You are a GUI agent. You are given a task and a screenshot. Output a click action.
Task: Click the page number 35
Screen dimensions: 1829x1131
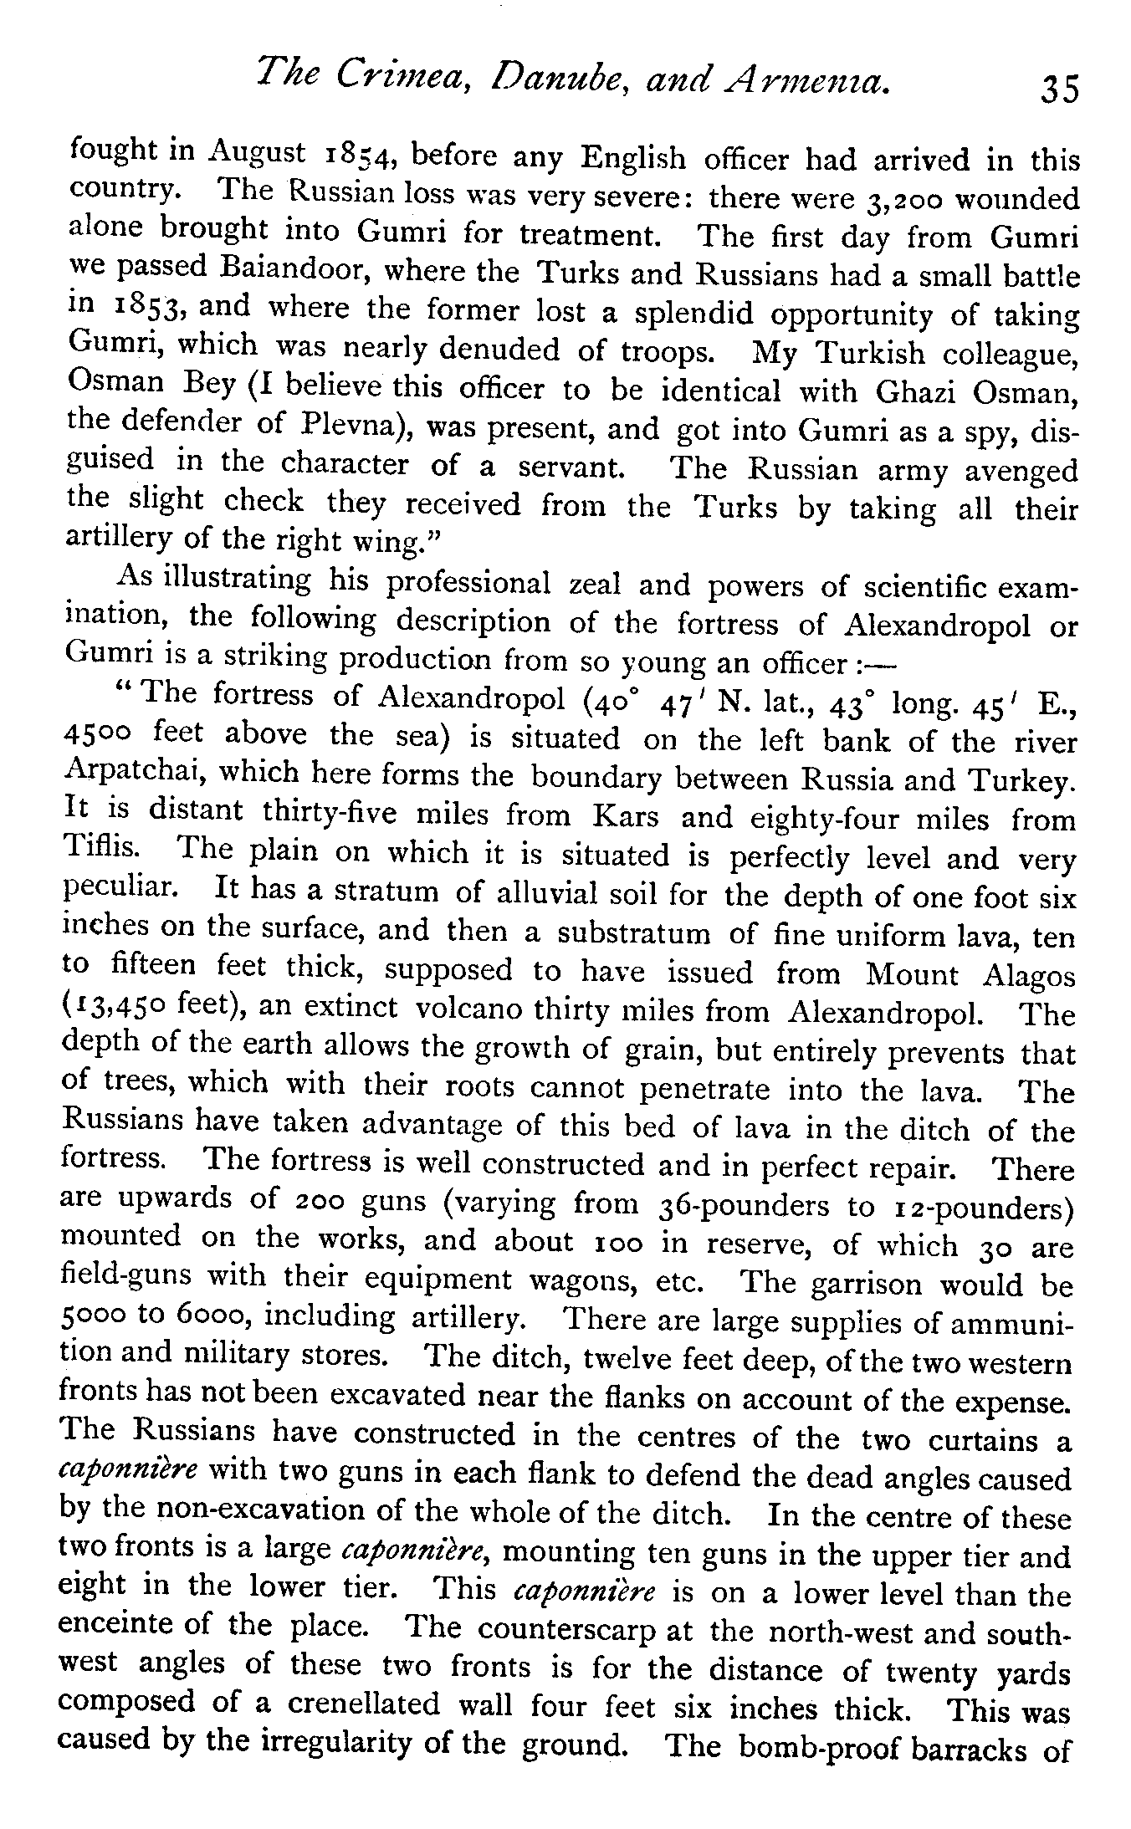tap(1058, 89)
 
